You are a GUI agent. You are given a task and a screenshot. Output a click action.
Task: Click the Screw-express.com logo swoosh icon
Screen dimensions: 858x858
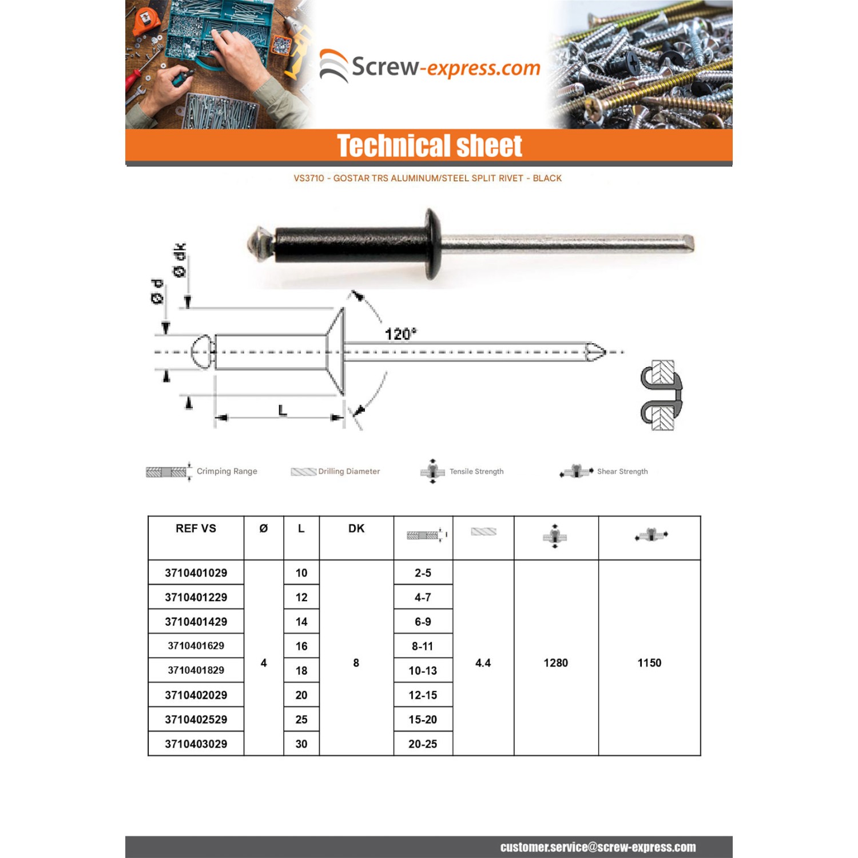tap(333, 66)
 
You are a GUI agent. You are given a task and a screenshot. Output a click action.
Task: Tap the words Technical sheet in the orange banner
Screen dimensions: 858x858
tap(429, 145)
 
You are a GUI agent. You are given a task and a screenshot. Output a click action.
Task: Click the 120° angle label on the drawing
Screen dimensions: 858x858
tap(400, 333)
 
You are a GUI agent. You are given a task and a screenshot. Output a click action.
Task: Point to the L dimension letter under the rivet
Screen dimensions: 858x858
tap(283, 410)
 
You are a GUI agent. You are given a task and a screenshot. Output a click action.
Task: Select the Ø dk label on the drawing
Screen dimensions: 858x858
tap(180, 260)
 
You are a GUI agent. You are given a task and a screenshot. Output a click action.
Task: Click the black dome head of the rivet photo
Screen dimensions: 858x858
tap(432, 244)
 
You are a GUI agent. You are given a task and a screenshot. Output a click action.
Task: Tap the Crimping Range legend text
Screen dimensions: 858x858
tap(227, 471)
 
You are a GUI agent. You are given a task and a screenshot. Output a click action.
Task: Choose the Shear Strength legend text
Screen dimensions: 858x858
tap(622, 471)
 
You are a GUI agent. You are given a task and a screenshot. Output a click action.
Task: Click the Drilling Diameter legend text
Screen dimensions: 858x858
tap(349, 471)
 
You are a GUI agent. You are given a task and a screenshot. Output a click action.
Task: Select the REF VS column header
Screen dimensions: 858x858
tap(196, 529)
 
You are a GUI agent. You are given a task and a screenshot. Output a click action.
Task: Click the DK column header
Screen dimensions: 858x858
tap(356, 529)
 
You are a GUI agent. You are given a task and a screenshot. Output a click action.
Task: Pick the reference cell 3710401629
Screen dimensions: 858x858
tap(196, 646)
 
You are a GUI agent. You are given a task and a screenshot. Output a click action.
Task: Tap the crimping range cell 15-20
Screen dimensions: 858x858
tap(423, 720)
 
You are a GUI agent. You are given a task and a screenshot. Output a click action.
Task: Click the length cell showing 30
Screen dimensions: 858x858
tap(301, 744)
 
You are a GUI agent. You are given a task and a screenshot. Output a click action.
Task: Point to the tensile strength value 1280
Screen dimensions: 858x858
tap(555, 663)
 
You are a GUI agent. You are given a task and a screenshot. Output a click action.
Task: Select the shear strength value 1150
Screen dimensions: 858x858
tap(649, 663)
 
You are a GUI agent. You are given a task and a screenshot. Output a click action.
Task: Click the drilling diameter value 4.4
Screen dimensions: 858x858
tap(483, 663)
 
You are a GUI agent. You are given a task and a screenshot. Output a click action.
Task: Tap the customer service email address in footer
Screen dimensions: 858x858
tap(598, 847)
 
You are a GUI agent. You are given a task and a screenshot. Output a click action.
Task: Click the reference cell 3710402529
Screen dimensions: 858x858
tap(196, 720)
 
